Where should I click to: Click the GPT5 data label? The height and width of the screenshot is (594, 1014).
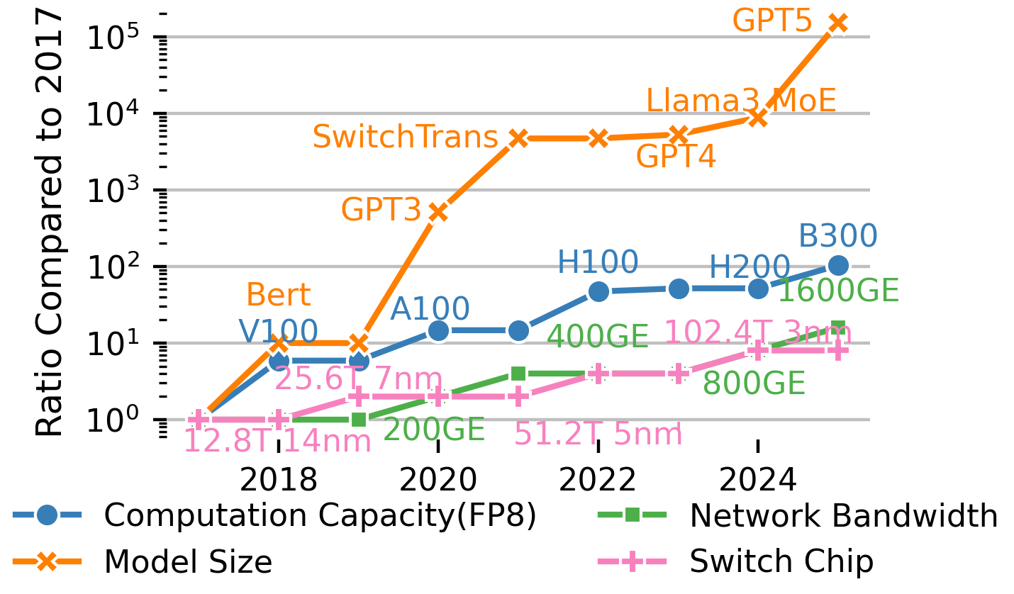pyautogui.click(x=772, y=21)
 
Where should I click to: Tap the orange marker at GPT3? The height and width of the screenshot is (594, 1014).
pyautogui.click(x=438, y=212)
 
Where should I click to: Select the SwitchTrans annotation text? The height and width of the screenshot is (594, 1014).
pyautogui.click(x=405, y=137)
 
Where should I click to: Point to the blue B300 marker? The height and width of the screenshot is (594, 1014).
pyautogui.click(x=838, y=266)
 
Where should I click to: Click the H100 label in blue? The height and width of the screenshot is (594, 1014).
pyautogui.click(x=598, y=263)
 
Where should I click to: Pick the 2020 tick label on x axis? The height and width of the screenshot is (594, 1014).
pyautogui.click(x=438, y=481)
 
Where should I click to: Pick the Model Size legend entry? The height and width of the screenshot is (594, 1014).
pyautogui.click(x=188, y=562)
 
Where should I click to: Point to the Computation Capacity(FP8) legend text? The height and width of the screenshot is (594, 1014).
pyautogui.click(x=320, y=517)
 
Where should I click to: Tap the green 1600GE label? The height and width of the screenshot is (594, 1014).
pyautogui.click(x=838, y=291)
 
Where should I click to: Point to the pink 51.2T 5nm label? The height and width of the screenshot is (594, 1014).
pyautogui.click(x=598, y=435)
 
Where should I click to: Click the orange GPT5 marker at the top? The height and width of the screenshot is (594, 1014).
pyautogui.click(x=838, y=23)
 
